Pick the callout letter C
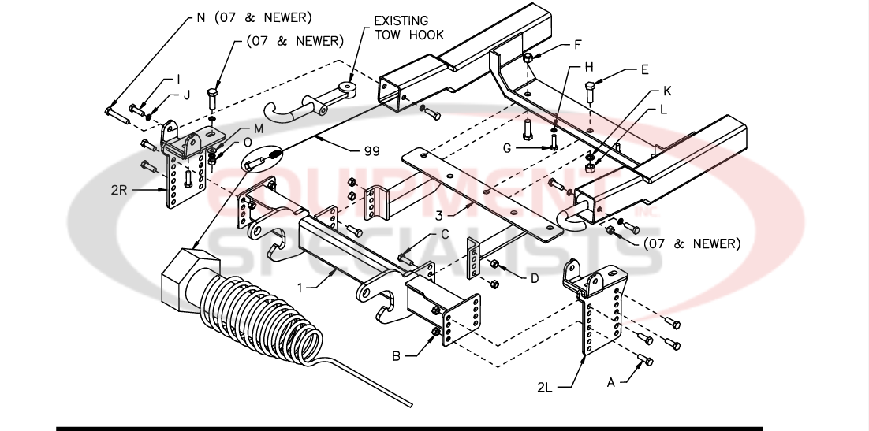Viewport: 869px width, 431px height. coord(445,234)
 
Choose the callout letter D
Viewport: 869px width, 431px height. coord(534,277)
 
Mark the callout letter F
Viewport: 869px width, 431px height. coord(576,45)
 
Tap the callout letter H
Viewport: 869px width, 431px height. coord(588,68)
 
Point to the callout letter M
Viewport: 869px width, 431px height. coord(259,128)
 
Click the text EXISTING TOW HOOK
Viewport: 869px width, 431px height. coord(408,28)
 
